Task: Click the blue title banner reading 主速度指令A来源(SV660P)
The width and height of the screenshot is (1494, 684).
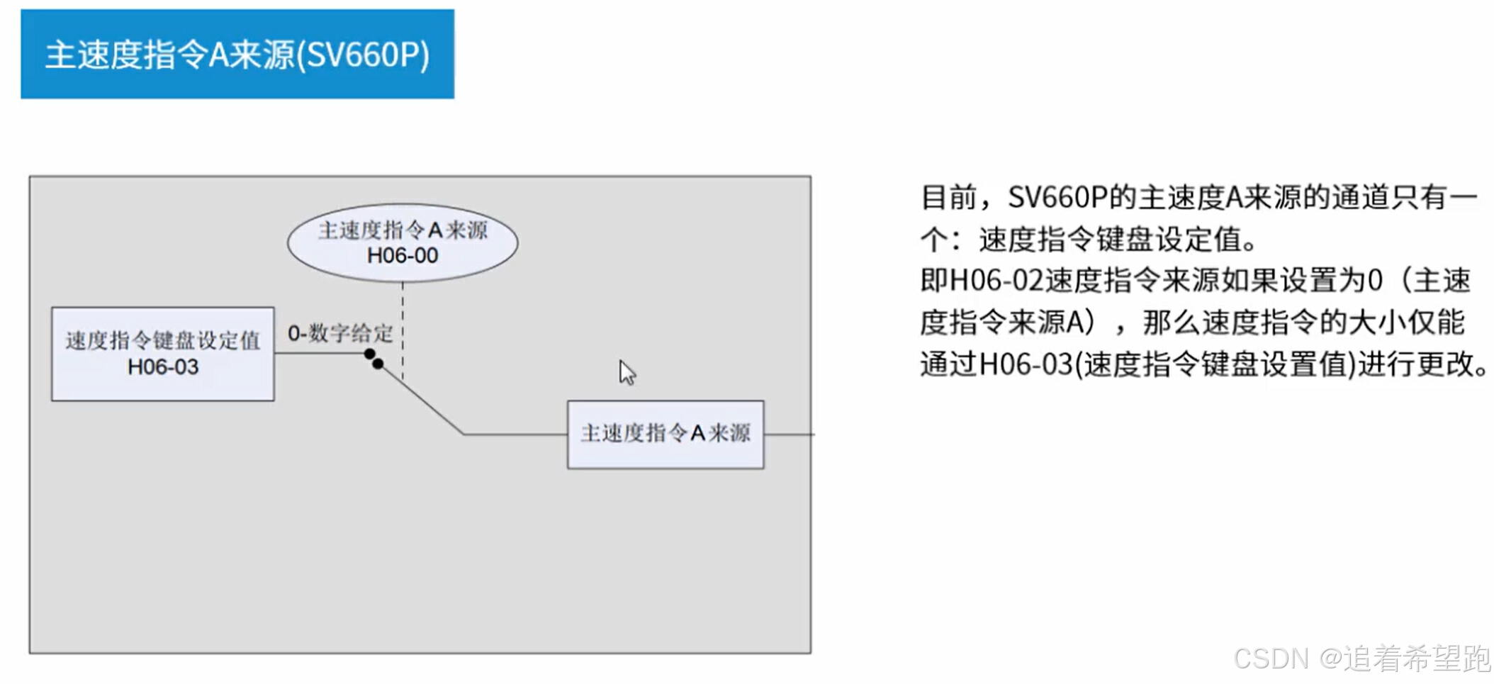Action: click(x=237, y=54)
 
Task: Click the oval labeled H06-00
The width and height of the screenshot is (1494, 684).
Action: click(x=403, y=242)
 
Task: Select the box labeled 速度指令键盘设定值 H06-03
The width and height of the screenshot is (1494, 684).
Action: click(x=163, y=354)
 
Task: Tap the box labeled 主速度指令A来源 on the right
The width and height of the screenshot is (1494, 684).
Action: click(x=665, y=434)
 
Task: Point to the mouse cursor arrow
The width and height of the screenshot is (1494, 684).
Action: click(x=627, y=372)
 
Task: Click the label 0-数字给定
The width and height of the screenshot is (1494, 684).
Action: click(x=340, y=333)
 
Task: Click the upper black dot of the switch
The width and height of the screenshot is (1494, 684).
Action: click(x=369, y=354)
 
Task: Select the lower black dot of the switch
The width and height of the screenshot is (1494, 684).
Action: click(x=378, y=364)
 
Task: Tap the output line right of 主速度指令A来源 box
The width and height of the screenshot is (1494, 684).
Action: click(x=789, y=434)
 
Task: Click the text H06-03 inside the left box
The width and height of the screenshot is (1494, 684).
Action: click(x=163, y=367)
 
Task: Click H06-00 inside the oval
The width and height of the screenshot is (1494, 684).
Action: click(x=403, y=255)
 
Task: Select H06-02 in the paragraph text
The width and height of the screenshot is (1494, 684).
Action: click(x=996, y=281)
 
